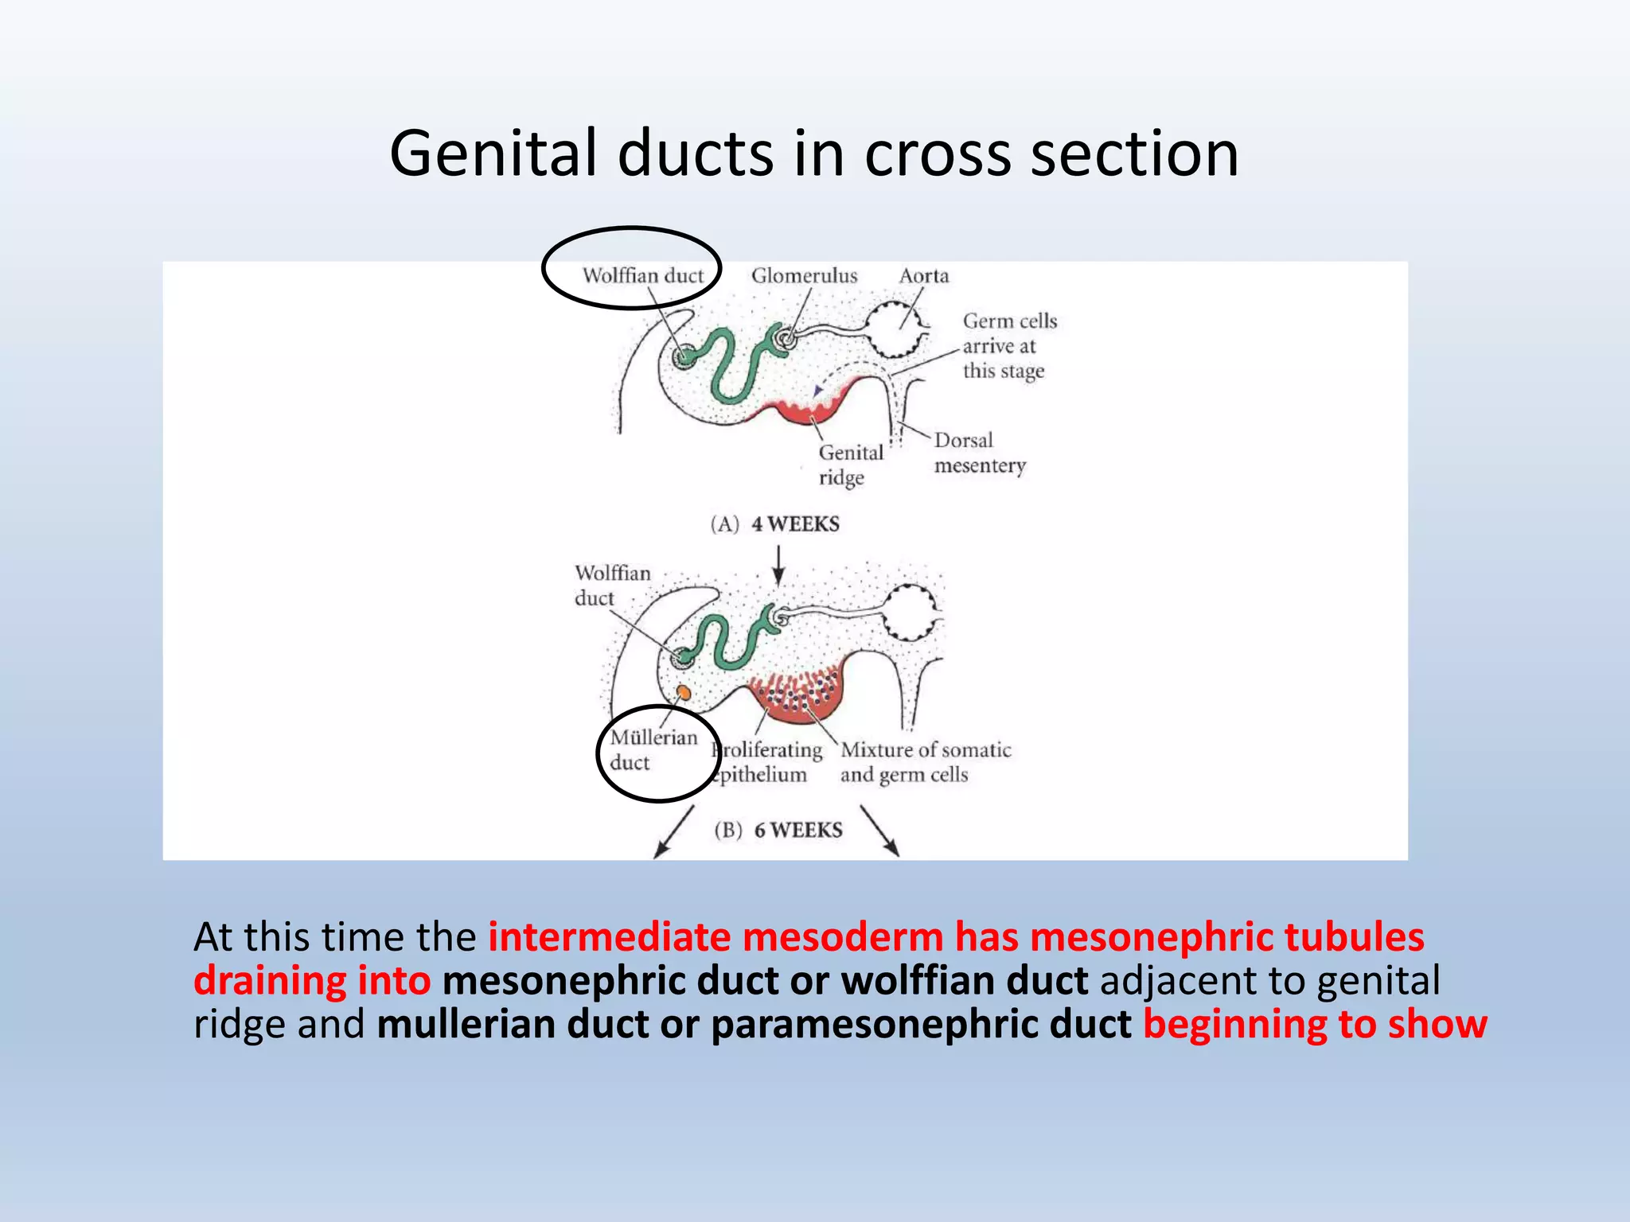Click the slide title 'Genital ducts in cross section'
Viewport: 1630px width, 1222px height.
(x=813, y=153)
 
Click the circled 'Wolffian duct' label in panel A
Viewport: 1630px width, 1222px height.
(x=642, y=275)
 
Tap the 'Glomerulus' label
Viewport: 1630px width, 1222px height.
(x=804, y=275)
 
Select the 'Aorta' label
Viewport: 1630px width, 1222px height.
(x=923, y=275)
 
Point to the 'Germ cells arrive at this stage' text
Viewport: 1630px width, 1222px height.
(x=1004, y=346)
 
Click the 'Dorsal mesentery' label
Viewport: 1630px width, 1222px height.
(x=979, y=453)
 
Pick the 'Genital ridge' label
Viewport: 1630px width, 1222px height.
(x=848, y=465)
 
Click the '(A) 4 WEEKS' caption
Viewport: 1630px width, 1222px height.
(x=774, y=523)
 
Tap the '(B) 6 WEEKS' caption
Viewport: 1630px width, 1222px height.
(x=778, y=830)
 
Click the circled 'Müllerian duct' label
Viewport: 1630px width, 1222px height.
(x=652, y=749)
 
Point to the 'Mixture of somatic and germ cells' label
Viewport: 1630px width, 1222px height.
(x=923, y=761)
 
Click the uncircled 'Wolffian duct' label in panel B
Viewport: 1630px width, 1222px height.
(x=611, y=585)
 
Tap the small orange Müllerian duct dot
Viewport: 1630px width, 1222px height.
(x=683, y=692)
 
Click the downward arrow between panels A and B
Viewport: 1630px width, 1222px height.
(x=778, y=565)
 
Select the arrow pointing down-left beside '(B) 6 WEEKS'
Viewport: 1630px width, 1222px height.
(x=673, y=832)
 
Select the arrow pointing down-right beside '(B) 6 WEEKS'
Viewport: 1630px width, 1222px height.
(x=879, y=832)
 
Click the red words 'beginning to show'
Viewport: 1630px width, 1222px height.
(x=1315, y=1024)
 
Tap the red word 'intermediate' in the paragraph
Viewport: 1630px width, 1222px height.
(x=609, y=936)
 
